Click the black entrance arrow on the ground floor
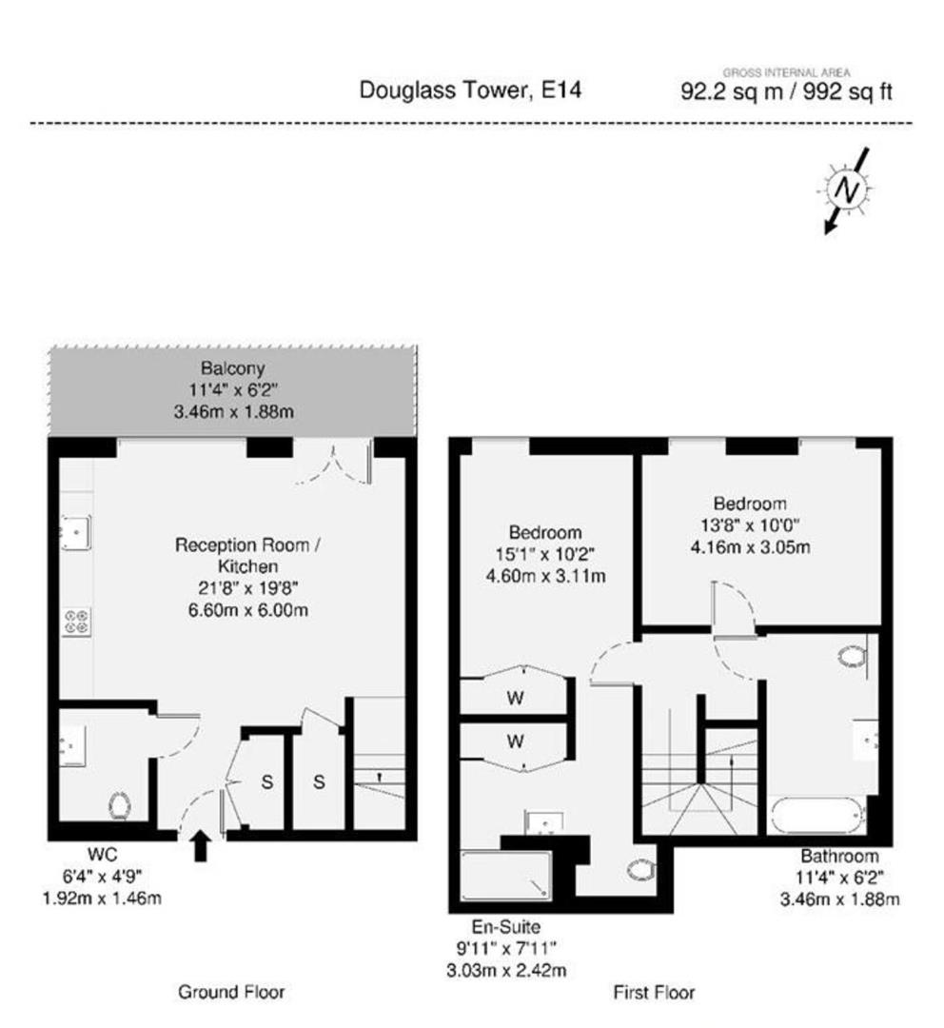tap(201, 846)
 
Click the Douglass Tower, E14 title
tap(470, 89)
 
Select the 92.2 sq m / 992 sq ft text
tap(786, 91)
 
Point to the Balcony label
tap(233, 367)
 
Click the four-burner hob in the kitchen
tap(77, 623)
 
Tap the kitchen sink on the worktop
tap(75, 532)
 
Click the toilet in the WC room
tap(120, 806)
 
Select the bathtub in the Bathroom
tap(817, 815)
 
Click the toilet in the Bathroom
tap(853, 656)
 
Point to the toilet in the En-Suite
tap(639, 869)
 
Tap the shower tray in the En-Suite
tap(505, 876)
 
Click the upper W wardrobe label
tap(515, 699)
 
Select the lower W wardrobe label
tap(515, 741)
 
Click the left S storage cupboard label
tap(266, 781)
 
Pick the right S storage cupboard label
tap(319, 781)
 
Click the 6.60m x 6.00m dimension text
tap(247, 610)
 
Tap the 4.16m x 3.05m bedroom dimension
tap(750, 546)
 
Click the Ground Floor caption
tap(231, 991)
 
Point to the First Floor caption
tap(654, 992)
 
